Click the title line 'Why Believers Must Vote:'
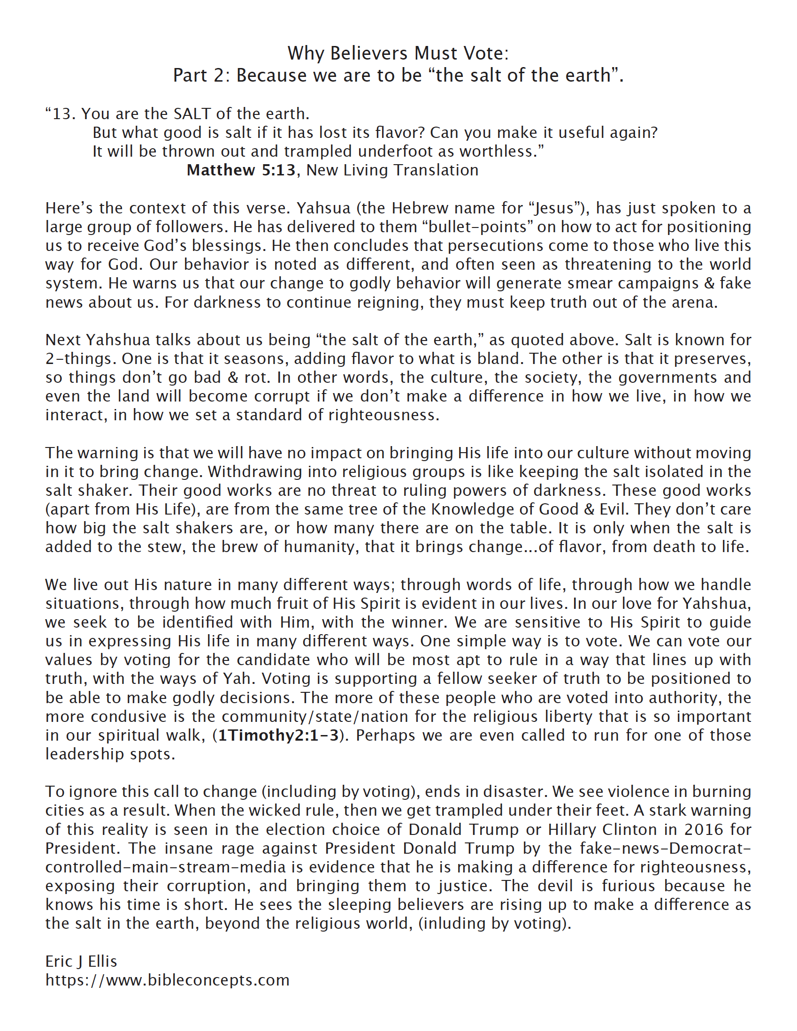point(398,53)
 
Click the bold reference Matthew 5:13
point(241,170)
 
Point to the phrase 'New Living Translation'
point(392,170)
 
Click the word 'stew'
point(168,546)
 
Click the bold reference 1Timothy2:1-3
point(278,735)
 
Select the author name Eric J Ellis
point(81,962)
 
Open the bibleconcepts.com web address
point(167,980)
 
